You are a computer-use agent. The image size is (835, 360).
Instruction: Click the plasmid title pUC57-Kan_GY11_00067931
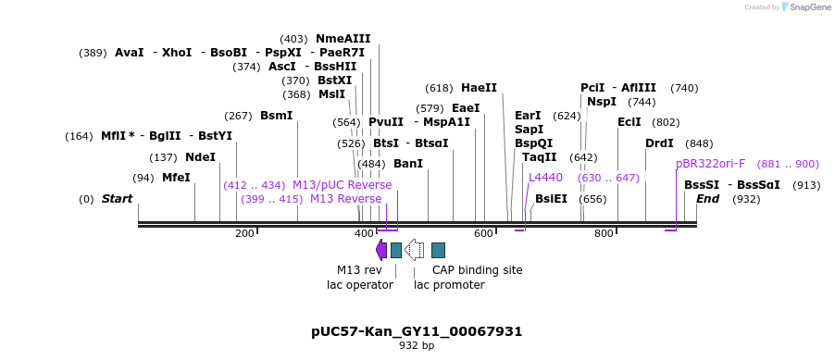(x=417, y=331)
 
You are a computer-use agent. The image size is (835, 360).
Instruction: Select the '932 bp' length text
(x=417, y=346)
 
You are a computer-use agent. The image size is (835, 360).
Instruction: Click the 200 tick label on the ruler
(x=244, y=233)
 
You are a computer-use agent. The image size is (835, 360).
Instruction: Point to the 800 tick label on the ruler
(x=604, y=233)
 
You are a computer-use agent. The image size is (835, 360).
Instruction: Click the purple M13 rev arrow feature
(x=381, y=249)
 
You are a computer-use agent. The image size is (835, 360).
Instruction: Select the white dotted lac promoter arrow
(x=415, y=249)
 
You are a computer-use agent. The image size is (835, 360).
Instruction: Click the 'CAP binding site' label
(x=477, y=270)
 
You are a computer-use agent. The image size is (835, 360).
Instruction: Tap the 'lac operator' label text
(x=360, y=285)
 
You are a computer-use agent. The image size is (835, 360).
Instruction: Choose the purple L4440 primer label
(x=545, y=178)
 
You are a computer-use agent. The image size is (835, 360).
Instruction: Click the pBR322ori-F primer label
(x=710, y=164)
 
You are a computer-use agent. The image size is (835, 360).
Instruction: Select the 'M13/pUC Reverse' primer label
(x=342, y=185)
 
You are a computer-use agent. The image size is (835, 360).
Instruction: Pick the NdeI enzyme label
(x=200, y=157)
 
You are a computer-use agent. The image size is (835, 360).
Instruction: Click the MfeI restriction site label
(x=176, y=178)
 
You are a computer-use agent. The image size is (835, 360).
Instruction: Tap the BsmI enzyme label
(x=276, y=116)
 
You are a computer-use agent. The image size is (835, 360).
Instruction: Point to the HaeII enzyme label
(x=479, y=88)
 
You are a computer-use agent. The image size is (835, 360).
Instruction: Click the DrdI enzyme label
(x=659, y=143)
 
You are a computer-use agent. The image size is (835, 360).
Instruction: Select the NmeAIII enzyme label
(x=343, y=39)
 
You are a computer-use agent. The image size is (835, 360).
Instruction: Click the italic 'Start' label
(x=117, y=199)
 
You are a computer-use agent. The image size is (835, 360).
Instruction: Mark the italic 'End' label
(x=707, y=199)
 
